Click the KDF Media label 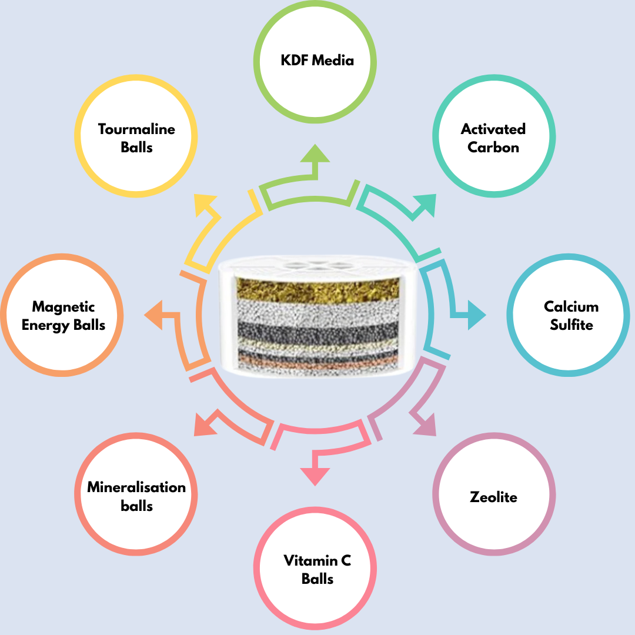(317, 60)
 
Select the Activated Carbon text (493, 138)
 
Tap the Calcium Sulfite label (571, 315)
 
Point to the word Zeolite (493, 497)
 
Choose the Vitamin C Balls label (317, 569)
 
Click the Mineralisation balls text (136, 496)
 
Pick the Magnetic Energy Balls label (63, 315)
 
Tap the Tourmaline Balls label (136, 138)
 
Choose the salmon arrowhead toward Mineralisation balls (203, 425)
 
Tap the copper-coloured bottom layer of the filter (317, 366)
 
